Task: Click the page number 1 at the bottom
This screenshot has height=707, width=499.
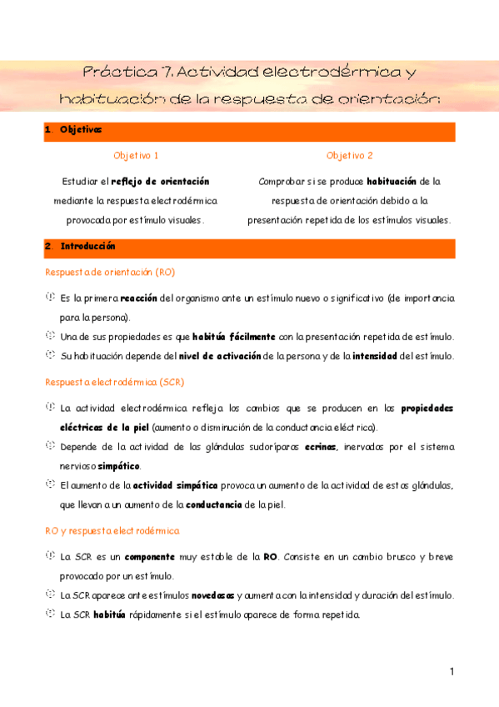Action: pyautogui.click(x=451, y=671)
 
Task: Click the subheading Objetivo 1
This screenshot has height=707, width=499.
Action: pyautogui.click(x=136, y=156)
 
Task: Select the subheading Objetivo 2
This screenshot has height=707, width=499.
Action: pyautogui.click(x=350, y=156)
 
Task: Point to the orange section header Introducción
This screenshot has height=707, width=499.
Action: pyautogui.click(x=87, y=247)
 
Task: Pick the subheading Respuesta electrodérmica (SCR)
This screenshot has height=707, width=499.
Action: pyautogui.click(x=114, y=382)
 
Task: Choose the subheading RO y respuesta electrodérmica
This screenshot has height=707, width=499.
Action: pyautogui.click(x=112, y=530)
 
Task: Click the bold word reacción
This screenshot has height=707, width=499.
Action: pyautogui.click(x=138, y=298)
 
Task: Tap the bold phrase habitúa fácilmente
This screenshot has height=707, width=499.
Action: pyautogui.click(x=234, y=337)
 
